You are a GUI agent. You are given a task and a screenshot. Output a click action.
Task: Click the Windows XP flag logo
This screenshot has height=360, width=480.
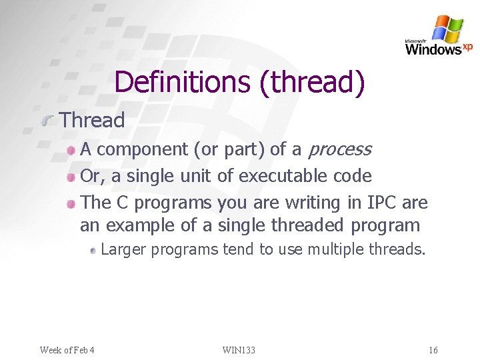[447, 29]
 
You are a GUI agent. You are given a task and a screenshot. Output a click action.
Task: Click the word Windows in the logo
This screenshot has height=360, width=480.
[433, 49]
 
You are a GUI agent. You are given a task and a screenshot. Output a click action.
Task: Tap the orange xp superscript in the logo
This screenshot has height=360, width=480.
[468, 46]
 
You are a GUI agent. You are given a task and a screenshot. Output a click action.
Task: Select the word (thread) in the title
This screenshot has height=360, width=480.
[313, 82]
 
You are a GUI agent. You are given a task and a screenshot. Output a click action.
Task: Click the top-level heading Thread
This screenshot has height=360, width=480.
[92, 121]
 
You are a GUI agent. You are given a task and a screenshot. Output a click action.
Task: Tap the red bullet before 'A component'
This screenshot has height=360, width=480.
[72, 151]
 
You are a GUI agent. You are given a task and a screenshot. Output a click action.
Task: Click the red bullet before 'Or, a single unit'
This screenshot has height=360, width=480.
[72, 177]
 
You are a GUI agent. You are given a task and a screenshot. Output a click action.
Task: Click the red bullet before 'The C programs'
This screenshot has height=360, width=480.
[72, 203]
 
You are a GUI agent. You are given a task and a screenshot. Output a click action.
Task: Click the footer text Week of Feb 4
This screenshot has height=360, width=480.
[67, 350]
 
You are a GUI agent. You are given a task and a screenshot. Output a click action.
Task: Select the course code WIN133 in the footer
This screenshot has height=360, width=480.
[239, 350]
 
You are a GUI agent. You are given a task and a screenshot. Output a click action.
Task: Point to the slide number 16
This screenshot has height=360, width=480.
[433, 350]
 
